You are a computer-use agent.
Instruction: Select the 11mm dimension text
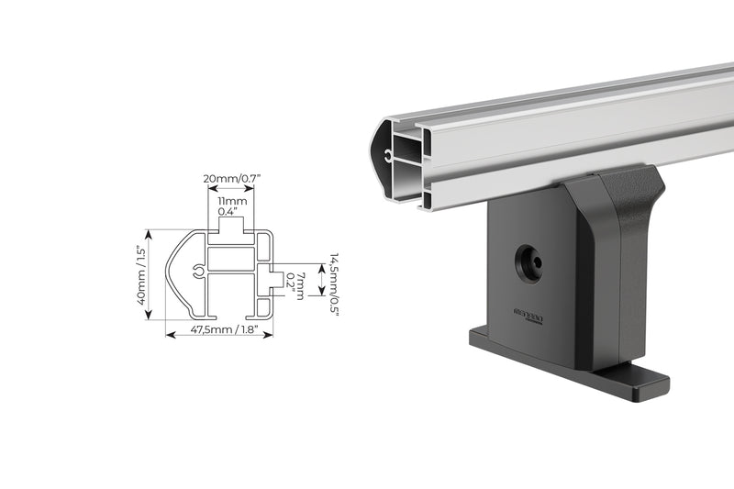(230, 200)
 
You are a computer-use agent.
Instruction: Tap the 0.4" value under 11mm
(229, 212)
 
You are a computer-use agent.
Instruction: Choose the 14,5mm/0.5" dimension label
(336, 284)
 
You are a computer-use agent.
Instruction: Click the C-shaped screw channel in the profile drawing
(199, 272)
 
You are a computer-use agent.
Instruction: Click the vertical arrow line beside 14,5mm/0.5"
(319, 280)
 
